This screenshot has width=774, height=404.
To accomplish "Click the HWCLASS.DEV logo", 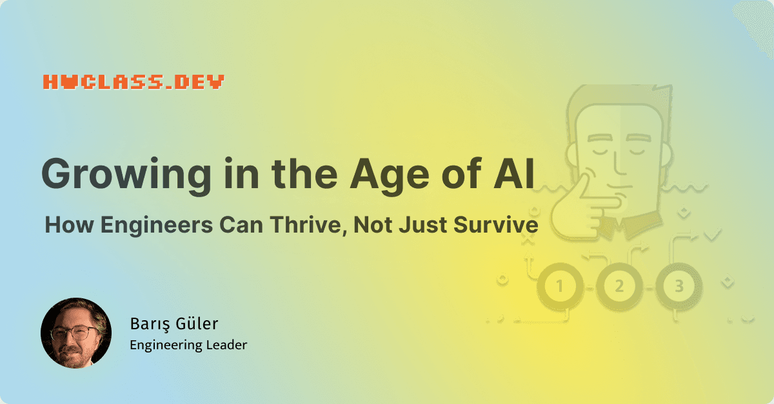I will coord(134,82).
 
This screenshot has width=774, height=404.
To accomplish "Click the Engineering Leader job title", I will coord(188,345).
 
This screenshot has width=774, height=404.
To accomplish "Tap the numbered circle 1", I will coord(559,286).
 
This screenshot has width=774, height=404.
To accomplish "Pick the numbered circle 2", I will coord(619,286).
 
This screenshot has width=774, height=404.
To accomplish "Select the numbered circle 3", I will coord(679,286).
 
